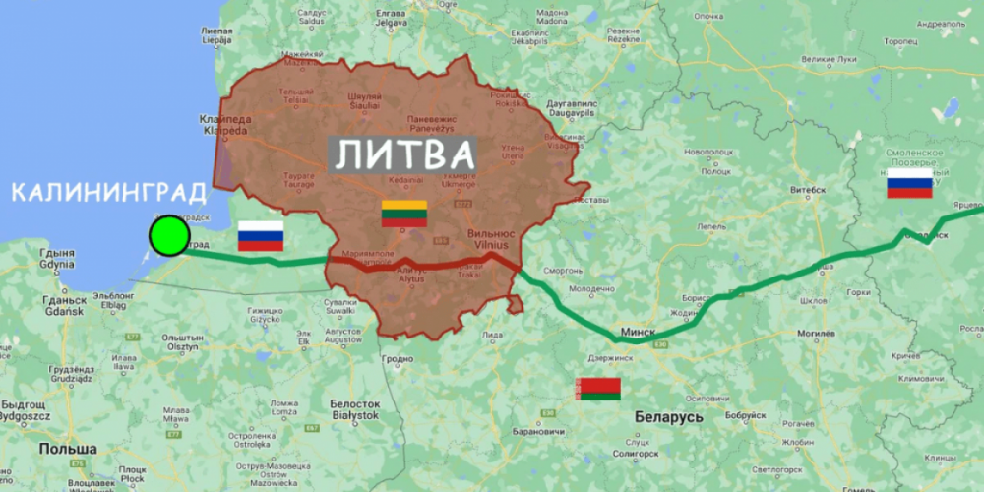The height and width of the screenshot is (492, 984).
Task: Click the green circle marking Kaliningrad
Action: (x=169, y=236)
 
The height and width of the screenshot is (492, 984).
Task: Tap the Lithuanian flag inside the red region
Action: (x=404, y=213)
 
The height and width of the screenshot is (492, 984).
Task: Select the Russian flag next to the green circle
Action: (x=261, y=236)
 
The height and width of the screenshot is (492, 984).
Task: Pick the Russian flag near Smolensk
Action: (x=909, y=183)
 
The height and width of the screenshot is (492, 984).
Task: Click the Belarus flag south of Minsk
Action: (x=598, y=389)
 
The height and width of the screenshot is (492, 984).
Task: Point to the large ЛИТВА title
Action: (x=402, y=154)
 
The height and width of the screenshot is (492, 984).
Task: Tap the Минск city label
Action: (x=638, y=333)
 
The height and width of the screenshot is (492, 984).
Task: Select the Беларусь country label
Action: (x=667, y=417)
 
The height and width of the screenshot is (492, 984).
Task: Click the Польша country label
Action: (x=68, y=449)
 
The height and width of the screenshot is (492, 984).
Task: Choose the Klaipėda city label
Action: (x=226, y=124)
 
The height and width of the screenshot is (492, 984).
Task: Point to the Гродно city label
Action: (x=398, y=359)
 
